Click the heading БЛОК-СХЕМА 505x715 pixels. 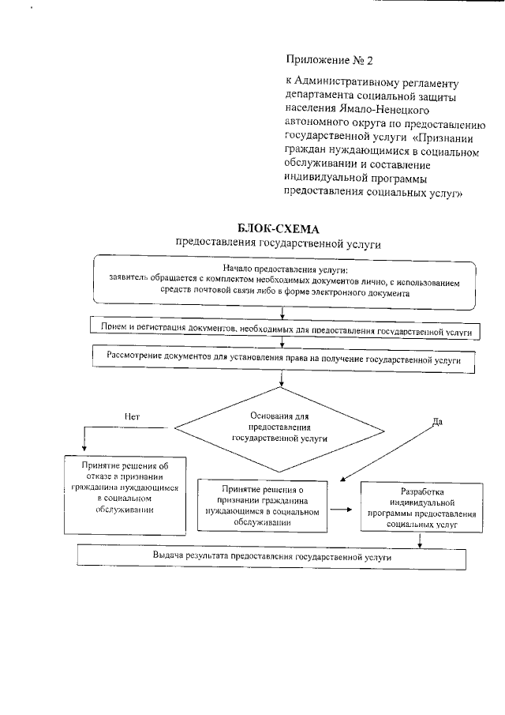(279, 229)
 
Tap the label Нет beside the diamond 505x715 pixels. (132, 416)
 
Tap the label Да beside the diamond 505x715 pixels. (437, 421)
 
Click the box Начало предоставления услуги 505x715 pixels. (285, 280)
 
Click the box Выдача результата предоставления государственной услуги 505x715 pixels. (272, 556)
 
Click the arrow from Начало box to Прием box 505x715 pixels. (282, 313)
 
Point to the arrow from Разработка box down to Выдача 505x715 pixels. (419, 540)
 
